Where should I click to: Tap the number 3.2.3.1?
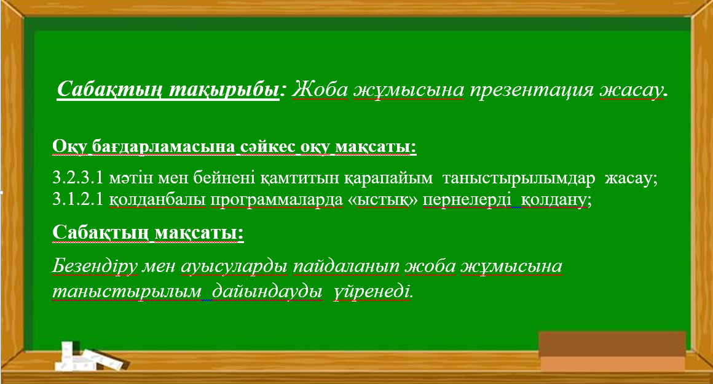pos(78,180)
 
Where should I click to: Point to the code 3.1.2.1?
pos(78,200)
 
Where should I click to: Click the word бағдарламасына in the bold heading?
pos(163,148)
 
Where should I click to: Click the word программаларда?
pos(275,200)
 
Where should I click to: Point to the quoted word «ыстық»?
pos(383,200)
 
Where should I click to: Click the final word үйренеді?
pos(373,291)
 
